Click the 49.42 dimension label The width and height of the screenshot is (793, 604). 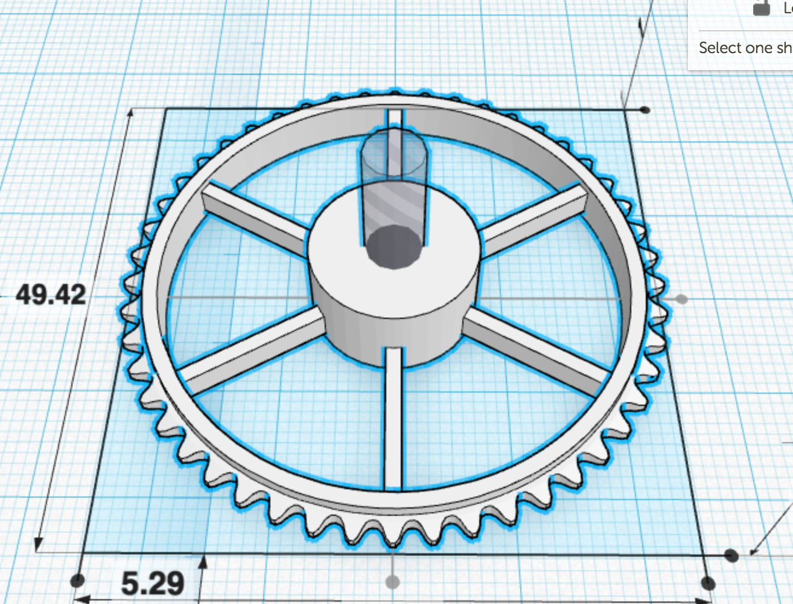51,295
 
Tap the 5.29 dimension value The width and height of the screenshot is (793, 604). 153,583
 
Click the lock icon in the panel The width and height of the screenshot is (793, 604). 762,7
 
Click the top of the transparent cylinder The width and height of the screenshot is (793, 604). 394,154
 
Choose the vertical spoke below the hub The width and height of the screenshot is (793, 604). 393,417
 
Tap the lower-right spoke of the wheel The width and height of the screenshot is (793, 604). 537,350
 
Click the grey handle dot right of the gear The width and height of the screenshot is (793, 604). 681,299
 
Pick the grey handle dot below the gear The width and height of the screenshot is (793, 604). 393,582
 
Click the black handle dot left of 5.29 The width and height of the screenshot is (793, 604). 78,581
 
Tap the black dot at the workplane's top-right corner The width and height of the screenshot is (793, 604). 645,110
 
